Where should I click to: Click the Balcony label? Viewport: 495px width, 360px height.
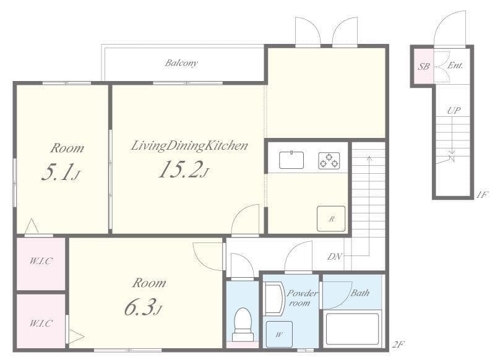(181, 63)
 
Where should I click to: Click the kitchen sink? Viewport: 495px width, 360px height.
(291, 160)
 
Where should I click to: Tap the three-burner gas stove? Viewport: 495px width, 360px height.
(329, 161)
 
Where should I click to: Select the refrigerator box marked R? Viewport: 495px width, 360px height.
(331, 218)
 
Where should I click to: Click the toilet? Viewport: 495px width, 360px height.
(243, 324)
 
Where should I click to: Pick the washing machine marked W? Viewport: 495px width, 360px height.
(279, 334)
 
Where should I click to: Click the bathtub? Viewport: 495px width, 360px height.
(352, 328)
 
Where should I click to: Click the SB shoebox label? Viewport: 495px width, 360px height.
(424, 67)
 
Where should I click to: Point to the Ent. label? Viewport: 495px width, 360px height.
(455, 66)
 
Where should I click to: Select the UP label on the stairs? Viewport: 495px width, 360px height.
(454, 111)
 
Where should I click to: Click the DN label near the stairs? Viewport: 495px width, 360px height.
(335, 257)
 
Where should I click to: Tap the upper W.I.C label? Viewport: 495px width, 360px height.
(41, 261)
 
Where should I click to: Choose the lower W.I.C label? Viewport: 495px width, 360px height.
(41, 323)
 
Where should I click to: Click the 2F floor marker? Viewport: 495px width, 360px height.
(398, 344)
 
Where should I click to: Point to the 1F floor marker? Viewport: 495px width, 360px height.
(483, 194)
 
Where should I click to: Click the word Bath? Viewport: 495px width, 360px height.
(360, 293)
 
